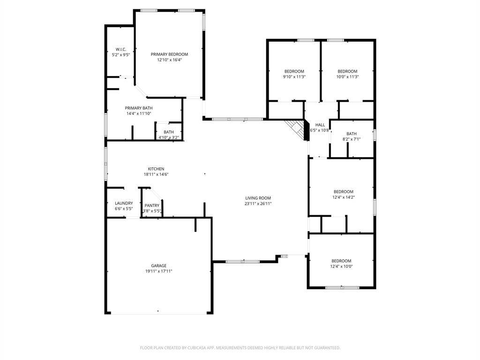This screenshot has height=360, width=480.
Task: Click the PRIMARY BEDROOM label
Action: (169, 54)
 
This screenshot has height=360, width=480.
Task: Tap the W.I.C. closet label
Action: (121, 49)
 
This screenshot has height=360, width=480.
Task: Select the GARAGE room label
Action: (158, 266)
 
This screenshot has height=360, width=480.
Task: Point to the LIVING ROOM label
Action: (258, 198)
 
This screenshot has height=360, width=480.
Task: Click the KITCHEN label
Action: (156, 169)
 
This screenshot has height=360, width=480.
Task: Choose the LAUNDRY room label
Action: (124, 203)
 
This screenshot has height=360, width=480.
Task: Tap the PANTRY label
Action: (152, 205)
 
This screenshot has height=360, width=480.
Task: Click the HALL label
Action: (320, 125)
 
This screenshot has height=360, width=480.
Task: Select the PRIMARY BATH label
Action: (139, 108)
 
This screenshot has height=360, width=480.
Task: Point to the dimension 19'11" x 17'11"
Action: (158, 271)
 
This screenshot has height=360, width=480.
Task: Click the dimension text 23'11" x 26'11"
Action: (258, 203)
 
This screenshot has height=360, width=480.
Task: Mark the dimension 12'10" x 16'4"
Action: (169, 60)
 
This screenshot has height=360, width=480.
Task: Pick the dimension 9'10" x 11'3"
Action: (294, 77)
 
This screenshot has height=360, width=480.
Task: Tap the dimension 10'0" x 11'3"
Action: (347, 77)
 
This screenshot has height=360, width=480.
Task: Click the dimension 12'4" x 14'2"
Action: (344, 197)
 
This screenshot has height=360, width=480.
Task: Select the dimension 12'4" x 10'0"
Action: (341, 266)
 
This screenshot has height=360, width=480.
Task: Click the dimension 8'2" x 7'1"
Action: (352, 139)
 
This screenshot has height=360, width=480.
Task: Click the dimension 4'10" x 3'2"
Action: (169, 137)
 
